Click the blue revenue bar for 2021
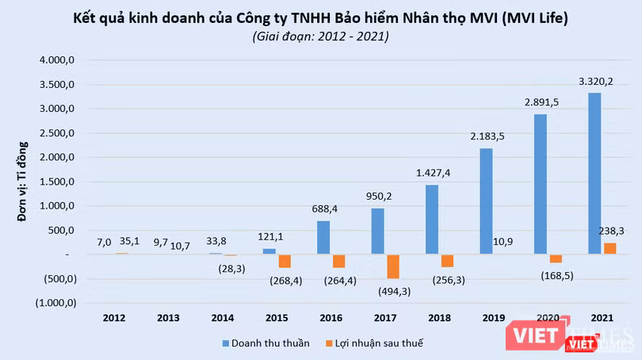click(594, 174)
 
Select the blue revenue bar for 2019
click(486, 201)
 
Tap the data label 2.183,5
click(485, 135)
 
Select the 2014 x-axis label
click(224, 319)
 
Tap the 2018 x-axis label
click(438, 319)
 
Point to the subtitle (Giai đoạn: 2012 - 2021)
click(320, 36)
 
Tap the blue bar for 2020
click(541, 184)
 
